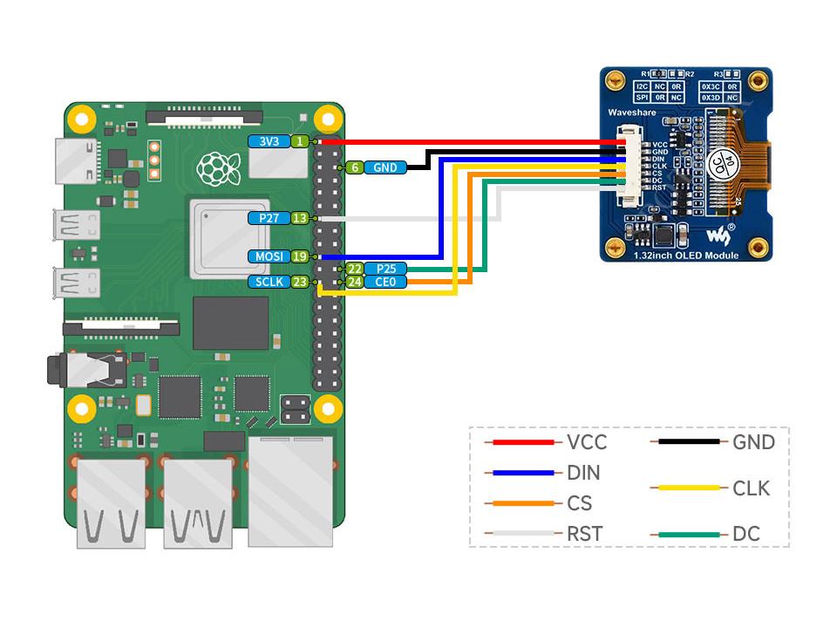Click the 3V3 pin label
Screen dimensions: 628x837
tap(268, 141)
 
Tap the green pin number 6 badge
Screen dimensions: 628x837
tap(355, 167)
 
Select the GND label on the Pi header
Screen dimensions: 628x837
tap(384, 167)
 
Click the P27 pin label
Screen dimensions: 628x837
tap(268, 218)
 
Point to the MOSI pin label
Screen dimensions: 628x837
tap(268, 256)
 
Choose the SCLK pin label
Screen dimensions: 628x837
tap(268, 282)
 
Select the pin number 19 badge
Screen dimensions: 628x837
tap(299, 256)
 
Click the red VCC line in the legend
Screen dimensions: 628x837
tap(523, 442)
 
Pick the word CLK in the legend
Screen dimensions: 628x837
tap(752, 488)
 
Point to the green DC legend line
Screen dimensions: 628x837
tap(689, 534)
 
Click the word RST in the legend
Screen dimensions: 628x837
tap(584, 534)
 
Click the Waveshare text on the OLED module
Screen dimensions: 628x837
tap(633, 114)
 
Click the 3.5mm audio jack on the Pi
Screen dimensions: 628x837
tap(87, 369)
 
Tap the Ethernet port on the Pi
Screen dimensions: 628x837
tap(290, 492)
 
